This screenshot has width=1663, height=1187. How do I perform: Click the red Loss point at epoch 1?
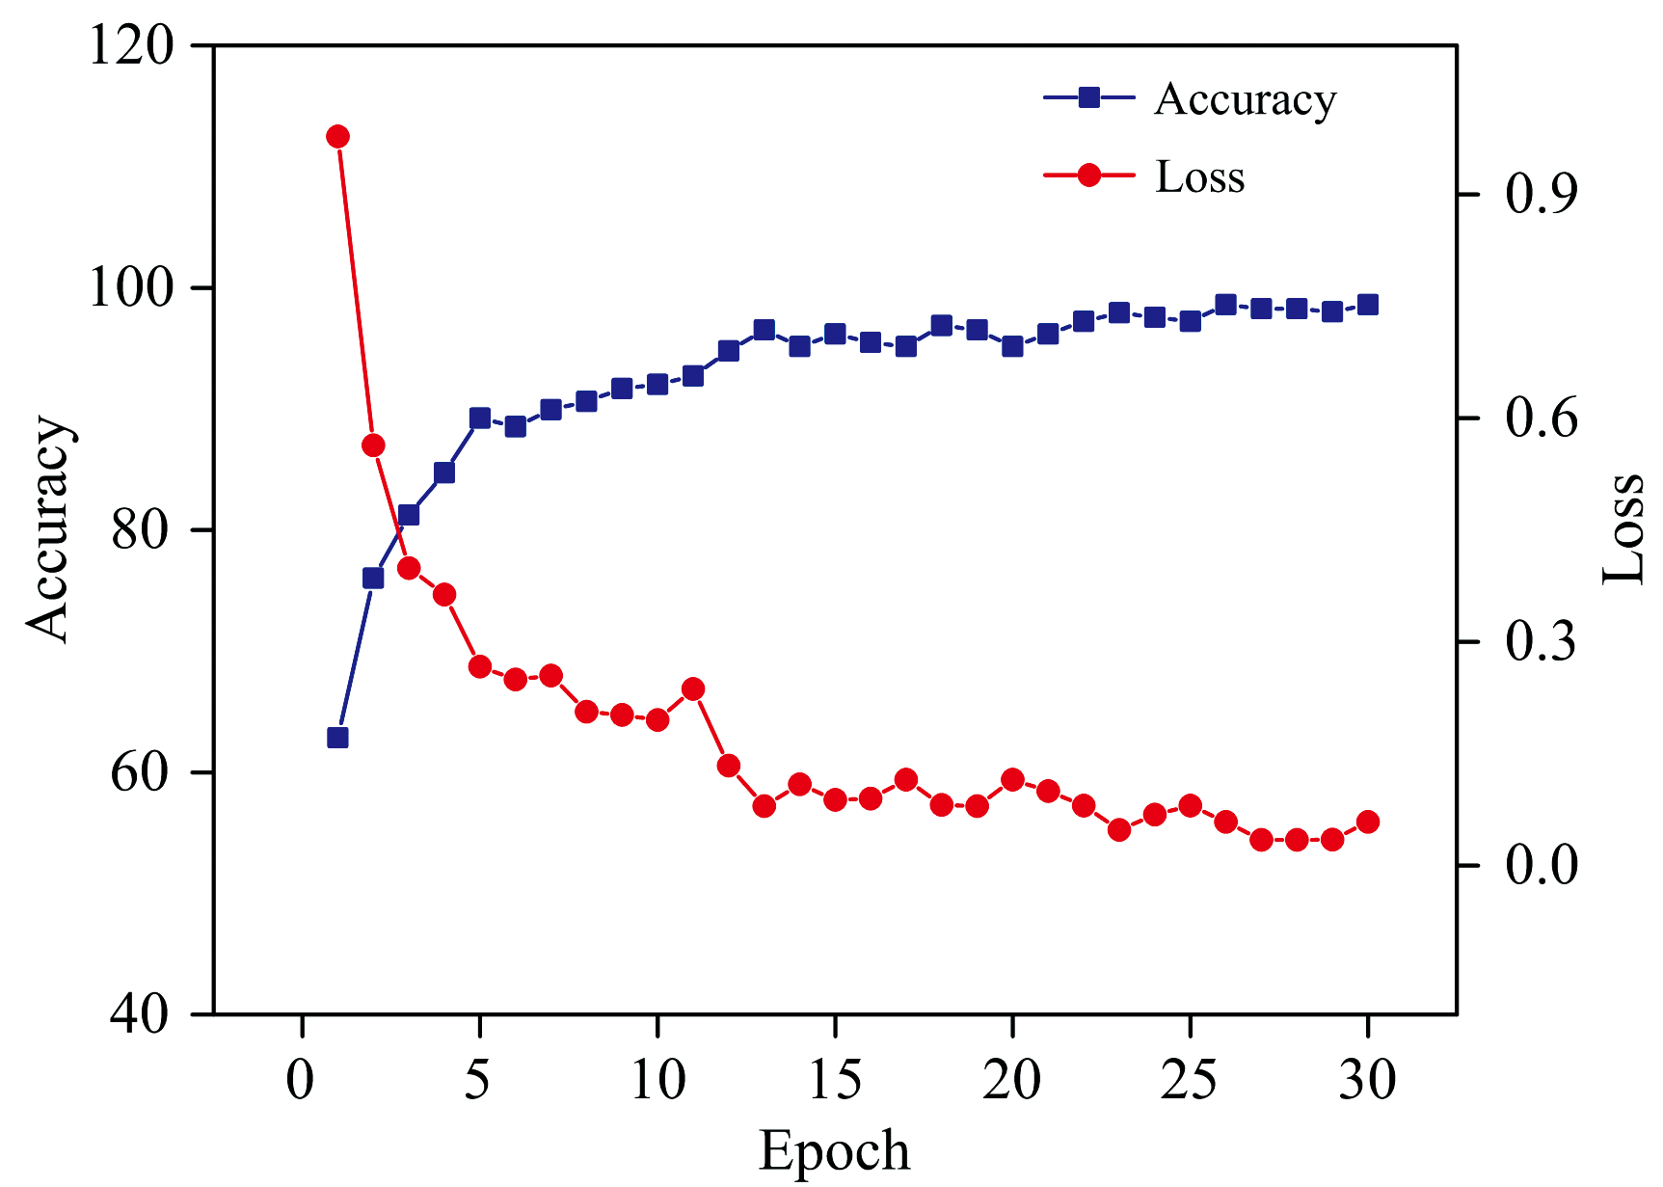(x=337, y=136)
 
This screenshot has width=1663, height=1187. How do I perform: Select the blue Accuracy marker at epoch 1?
(x=337, y=738)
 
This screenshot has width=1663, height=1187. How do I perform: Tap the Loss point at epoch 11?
(x=693, y=688)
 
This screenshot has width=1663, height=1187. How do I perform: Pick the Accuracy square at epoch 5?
(x=480, y=418)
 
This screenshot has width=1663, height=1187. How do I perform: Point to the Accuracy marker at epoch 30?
(x=1367, y=305)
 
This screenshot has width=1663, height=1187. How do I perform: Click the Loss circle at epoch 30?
(x=1367, y=822)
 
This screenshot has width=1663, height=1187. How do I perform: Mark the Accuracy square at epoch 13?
(x=764, y=330)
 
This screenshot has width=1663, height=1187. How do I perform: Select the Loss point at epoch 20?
(x=1012, y=779)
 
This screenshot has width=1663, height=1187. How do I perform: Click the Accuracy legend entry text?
(x=1245, y=99)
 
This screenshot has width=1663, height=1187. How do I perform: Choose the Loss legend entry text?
(x=1200, y=177)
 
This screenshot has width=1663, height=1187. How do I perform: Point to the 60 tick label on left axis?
(x=141, y=772)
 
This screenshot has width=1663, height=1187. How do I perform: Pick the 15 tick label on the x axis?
(x=835, y=1079)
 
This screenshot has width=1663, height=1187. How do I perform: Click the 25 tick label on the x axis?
(x=1190, y=1079)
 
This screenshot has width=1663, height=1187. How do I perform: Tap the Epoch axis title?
(x=834, y=1150)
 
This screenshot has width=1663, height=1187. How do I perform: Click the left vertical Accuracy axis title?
(x=48, y=528)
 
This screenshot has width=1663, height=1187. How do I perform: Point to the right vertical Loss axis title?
(x=1623, y=528)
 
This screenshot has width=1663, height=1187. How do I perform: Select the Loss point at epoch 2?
(x=373, y=445)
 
